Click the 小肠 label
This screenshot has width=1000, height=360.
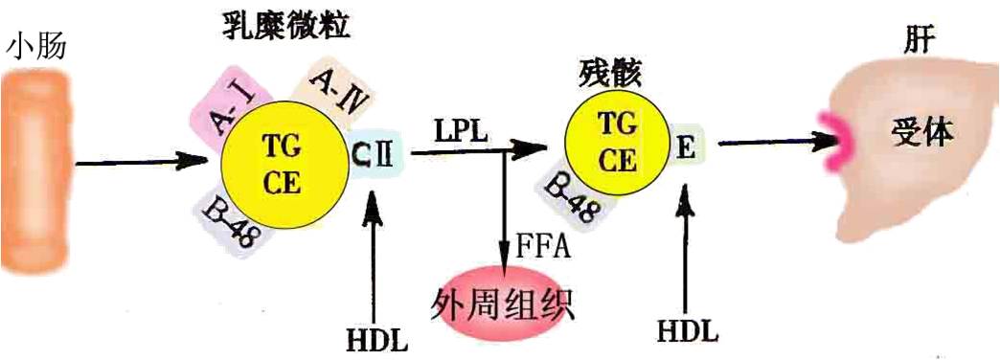pyautogui.click(x=37, y=45)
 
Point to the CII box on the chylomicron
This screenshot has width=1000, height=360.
pyautogui.click(x=375, y=153)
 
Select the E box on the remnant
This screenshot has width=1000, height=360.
pyautogui.click(x=685, y=148)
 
